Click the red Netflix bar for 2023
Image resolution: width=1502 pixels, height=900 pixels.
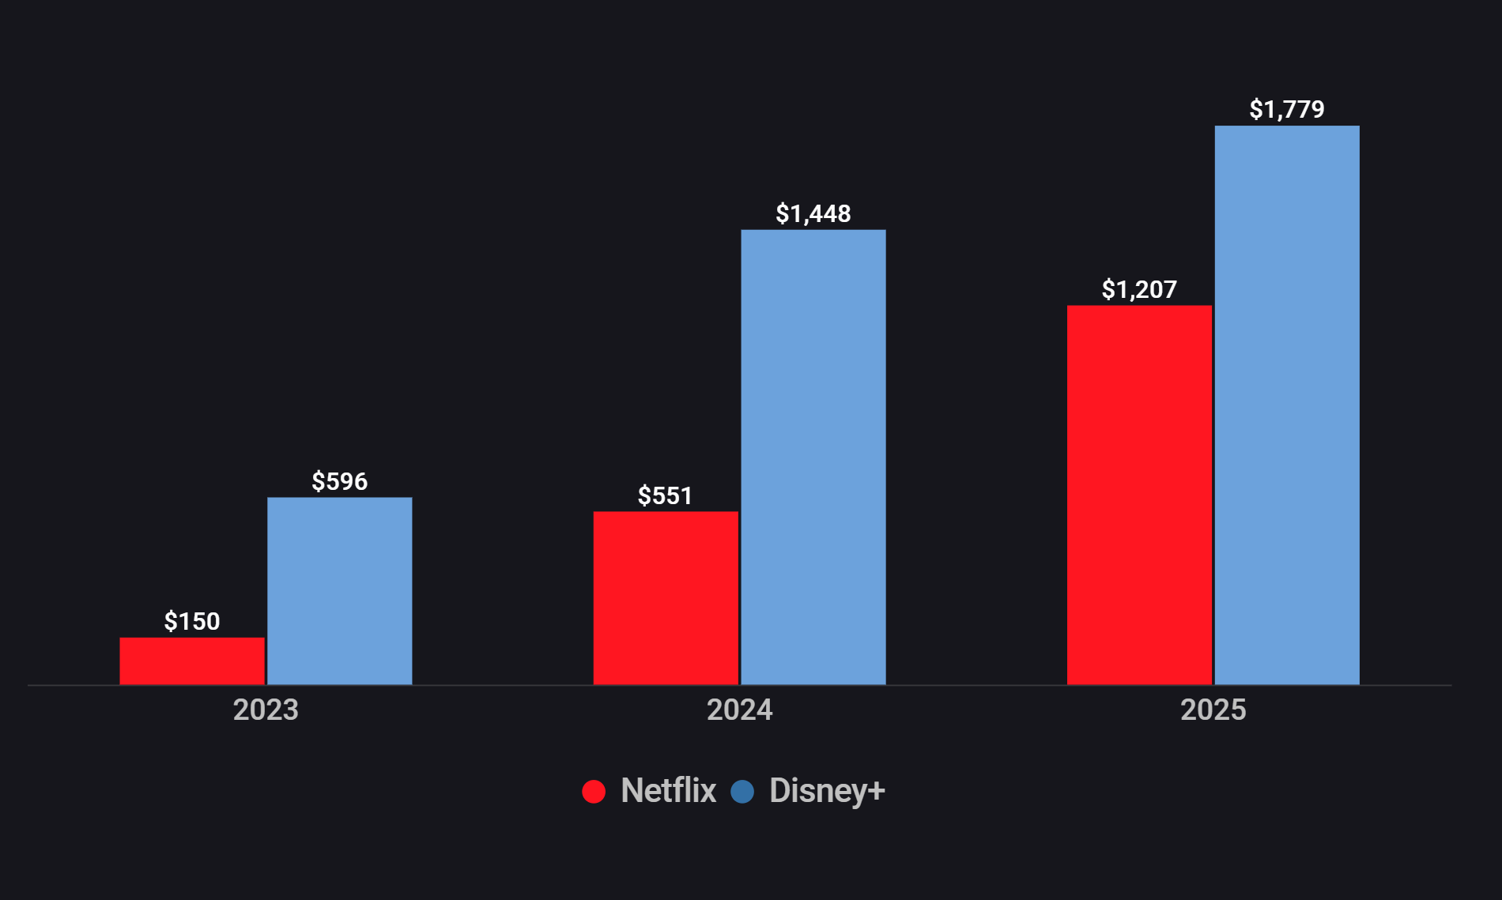point(192,661)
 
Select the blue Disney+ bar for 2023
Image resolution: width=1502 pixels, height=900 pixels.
point(340,590)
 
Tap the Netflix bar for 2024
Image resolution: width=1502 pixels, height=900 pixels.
point(666,597)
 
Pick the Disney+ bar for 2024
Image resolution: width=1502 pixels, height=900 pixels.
point(813,457)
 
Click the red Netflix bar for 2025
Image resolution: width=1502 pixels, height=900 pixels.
point(1139,495)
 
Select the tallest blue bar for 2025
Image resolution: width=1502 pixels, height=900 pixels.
point(1287,405)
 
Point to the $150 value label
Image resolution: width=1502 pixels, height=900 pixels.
point(192,622)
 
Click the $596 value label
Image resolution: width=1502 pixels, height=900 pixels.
point(340,481)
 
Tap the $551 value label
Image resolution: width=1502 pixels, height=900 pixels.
point(666,495)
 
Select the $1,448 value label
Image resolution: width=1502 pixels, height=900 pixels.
point(813,213)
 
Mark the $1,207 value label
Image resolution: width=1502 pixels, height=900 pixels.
point(1139,289)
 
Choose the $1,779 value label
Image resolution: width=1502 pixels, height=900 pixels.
point(1287,109)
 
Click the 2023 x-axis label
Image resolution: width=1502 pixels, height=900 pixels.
point(266,710)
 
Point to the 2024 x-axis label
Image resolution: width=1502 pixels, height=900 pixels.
point(740,710)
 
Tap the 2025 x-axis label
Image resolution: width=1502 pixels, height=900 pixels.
point(1213,710)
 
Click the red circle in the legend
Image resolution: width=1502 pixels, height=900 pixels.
point(594,791)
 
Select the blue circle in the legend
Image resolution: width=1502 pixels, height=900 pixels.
point(742,791)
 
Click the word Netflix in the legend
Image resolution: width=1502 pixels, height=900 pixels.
point(668,790)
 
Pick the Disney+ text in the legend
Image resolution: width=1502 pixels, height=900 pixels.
point(827,790)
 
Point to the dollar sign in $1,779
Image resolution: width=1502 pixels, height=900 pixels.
point(1255,109)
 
